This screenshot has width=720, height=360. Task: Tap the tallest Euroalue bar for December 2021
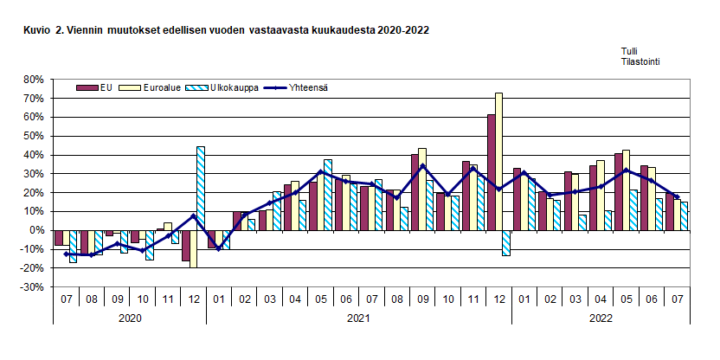498,161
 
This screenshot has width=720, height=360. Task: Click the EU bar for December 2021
491,172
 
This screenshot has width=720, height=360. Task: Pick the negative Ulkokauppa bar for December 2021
506,243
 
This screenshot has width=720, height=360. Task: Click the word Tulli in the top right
630,52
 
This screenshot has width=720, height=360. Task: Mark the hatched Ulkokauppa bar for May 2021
328,195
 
